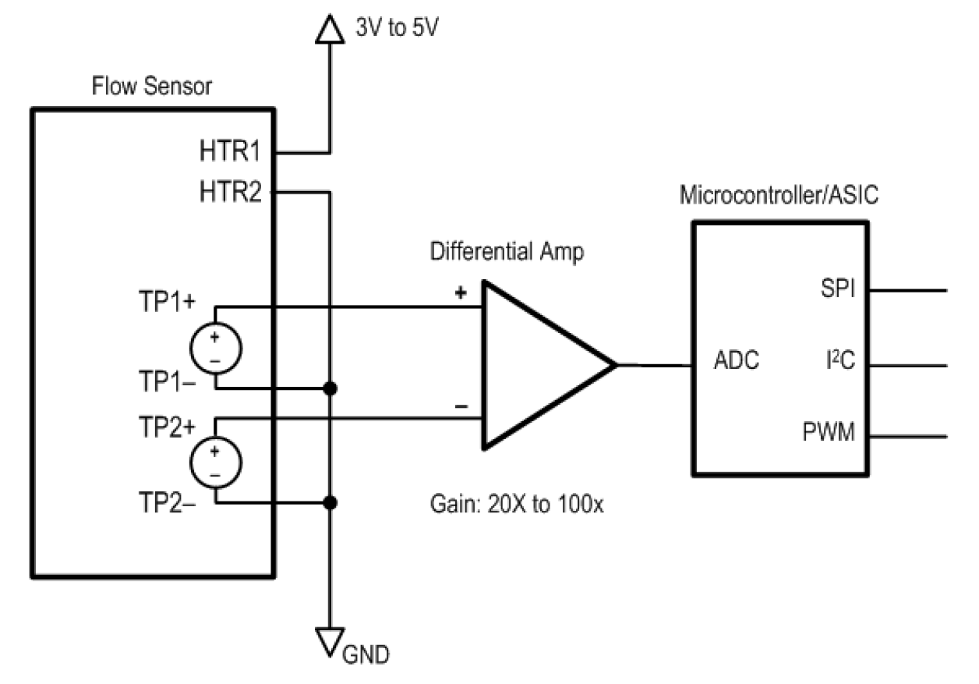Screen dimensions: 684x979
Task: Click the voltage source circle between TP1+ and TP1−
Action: [x=214, y=347]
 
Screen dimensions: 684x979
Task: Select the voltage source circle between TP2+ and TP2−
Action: [x=214, y=462]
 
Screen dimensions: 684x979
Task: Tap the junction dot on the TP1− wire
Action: [x=330, y=388]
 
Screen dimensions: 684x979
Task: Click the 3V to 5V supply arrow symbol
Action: [x=330, y=30]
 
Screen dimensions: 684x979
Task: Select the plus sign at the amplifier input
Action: [x=461, y=293]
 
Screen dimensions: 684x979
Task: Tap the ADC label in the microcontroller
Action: [x=737, y=362]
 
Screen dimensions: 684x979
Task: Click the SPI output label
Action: [x=837, y=290]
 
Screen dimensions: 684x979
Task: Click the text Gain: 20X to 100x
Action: [x=518, y=504]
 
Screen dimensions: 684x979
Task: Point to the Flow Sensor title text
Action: [x=152, y=86]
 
